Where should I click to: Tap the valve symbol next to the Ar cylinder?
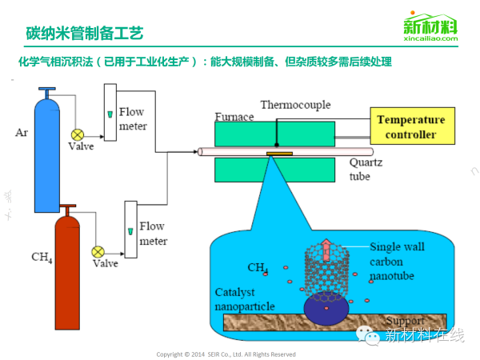click(78, 134)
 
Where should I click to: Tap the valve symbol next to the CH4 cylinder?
click(100, 250)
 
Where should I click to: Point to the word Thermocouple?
click(289, 105)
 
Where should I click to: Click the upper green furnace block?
click(274, 133)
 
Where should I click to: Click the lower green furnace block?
click(274, 169)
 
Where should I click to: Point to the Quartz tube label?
click(360, 169)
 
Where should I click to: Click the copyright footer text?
click(226, 354)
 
